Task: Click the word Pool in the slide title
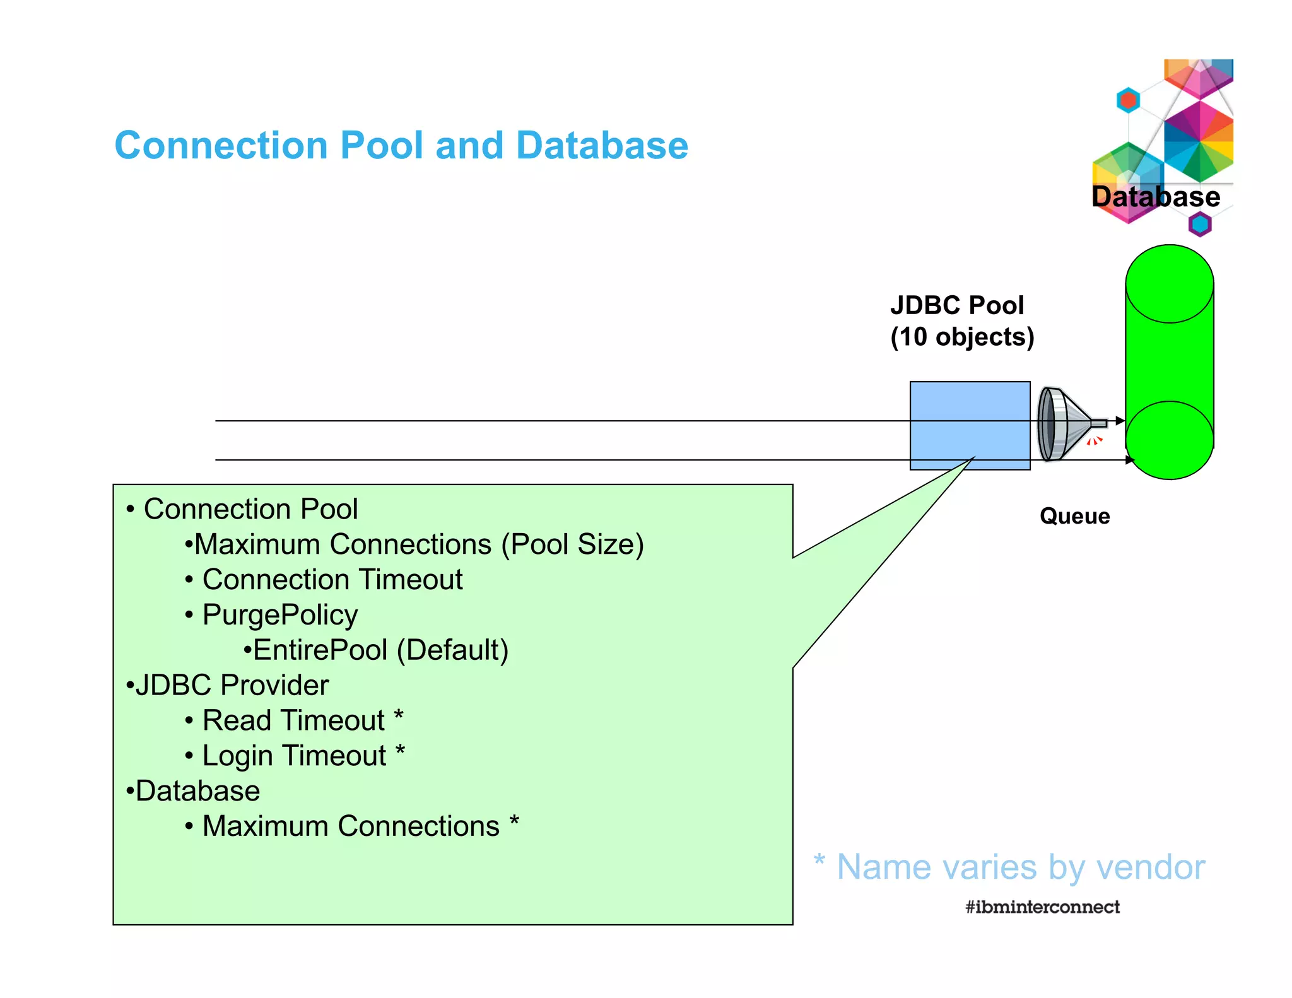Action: point(381,146)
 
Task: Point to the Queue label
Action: point(1074,516)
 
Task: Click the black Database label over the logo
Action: point(1155,197)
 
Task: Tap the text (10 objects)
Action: point(962,337)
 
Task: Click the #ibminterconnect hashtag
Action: point(1042,907)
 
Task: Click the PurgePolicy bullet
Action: point(279,614)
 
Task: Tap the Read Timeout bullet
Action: point(293,720)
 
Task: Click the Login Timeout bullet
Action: point(294,756)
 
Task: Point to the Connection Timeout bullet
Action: point(332,579)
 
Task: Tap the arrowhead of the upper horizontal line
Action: point(1120,421)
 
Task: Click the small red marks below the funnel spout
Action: point(1095,441)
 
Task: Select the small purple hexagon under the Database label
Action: point(1200,224)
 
